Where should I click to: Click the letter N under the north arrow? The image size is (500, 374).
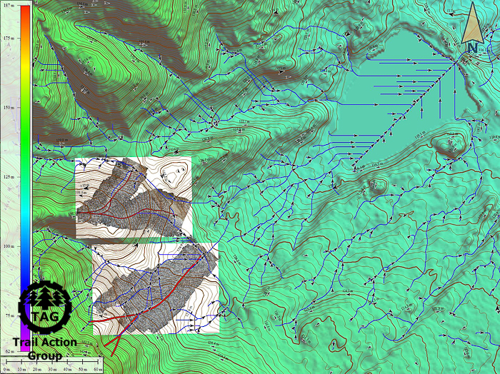point(472,48)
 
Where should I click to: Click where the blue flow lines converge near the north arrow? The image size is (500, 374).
point(457,63)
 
